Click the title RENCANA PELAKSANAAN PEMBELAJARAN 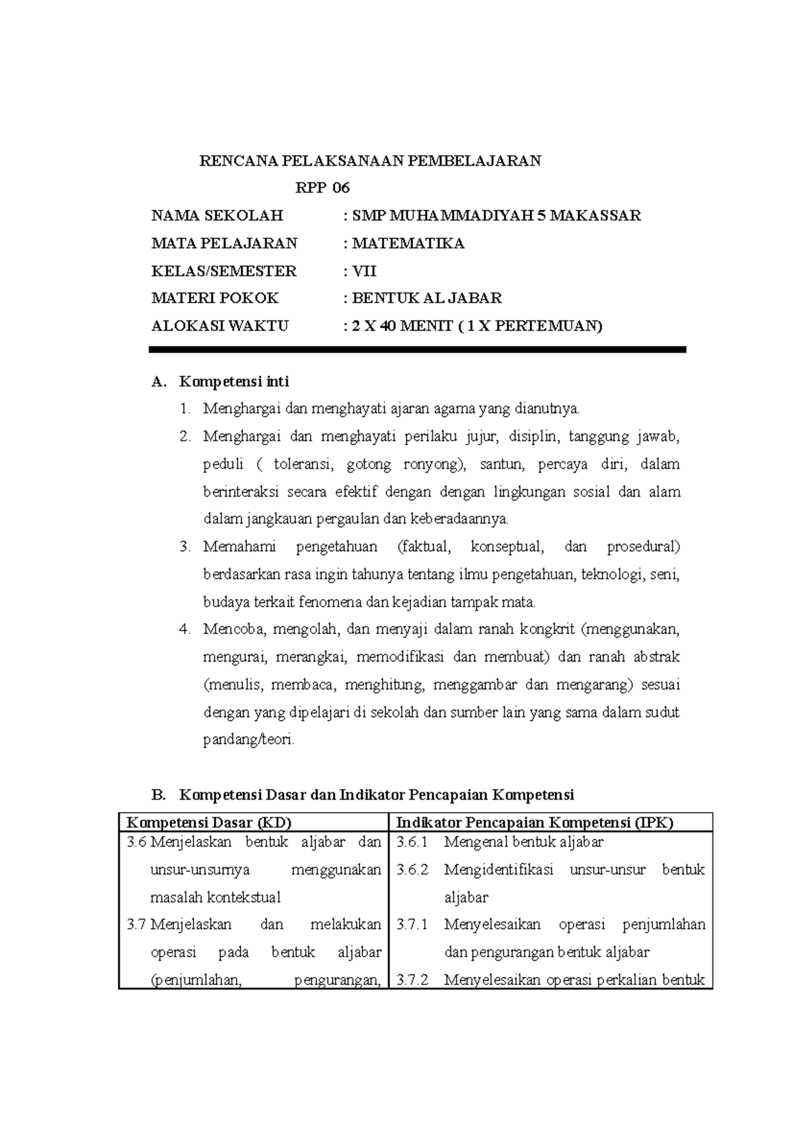370,160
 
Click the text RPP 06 322,188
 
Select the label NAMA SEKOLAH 217,215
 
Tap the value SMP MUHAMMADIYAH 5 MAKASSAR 496,215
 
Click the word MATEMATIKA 408,243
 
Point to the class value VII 364,271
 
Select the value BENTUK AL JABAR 427,298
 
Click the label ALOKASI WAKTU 220,325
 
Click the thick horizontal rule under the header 418,349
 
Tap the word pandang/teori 248,739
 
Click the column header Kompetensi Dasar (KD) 209,823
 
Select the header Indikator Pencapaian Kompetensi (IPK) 534,823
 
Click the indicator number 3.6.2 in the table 412,869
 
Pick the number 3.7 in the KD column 136,924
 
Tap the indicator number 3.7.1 412,924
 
